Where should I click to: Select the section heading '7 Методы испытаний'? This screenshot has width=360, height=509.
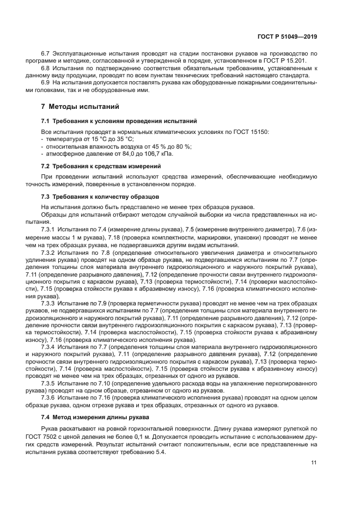[80, 106]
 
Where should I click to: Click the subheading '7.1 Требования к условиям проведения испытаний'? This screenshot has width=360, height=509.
[119, 120]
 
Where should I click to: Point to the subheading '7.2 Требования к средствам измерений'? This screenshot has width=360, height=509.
[101, 165]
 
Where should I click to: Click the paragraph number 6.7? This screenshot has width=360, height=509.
[46, 53]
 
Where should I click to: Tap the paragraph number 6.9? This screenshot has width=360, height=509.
[46, 82]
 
